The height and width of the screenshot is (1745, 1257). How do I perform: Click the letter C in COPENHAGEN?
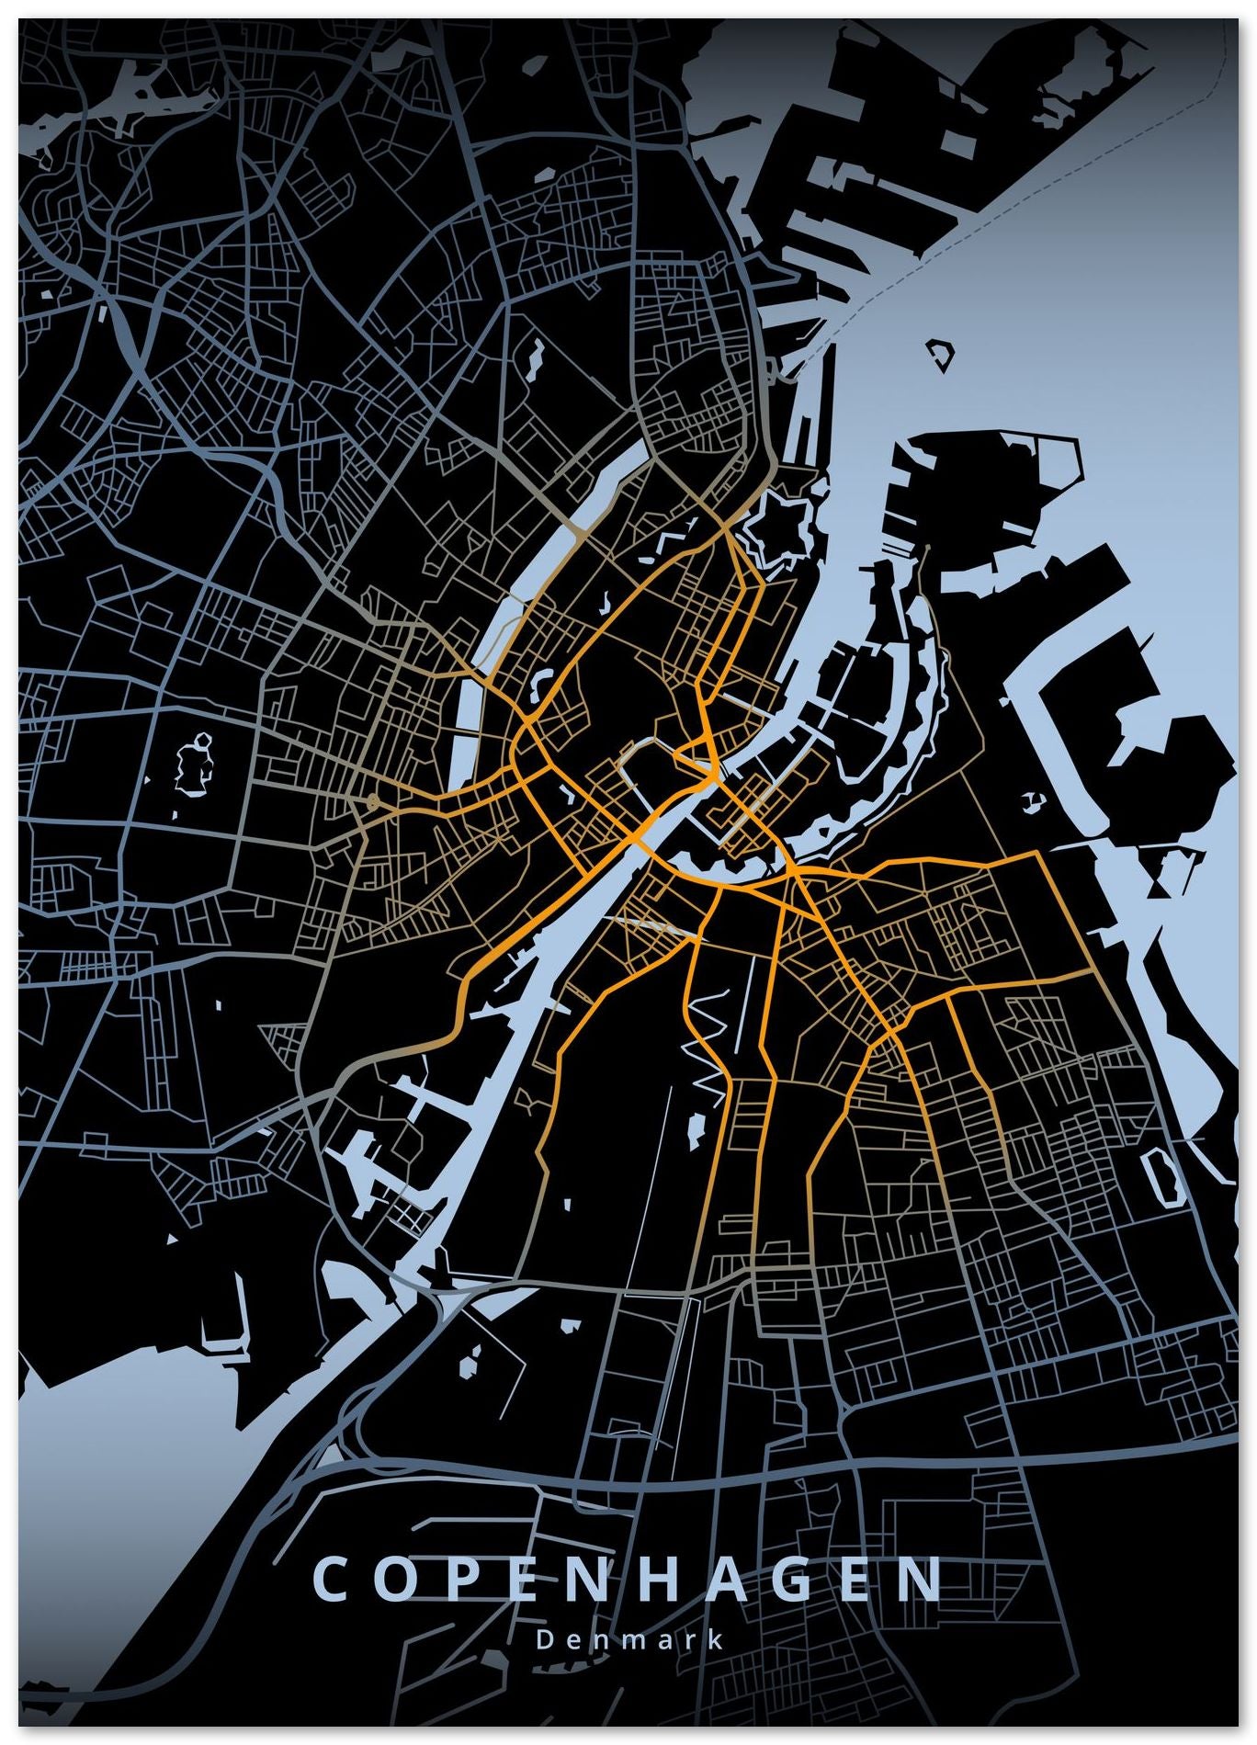[329, 1580]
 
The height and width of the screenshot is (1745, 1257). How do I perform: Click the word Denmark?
[629, 1640]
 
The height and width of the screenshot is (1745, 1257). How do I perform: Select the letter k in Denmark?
[716, 1640]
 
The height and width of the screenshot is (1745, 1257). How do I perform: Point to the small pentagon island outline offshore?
[940, 354]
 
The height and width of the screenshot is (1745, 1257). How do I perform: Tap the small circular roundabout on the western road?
[371, 804]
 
